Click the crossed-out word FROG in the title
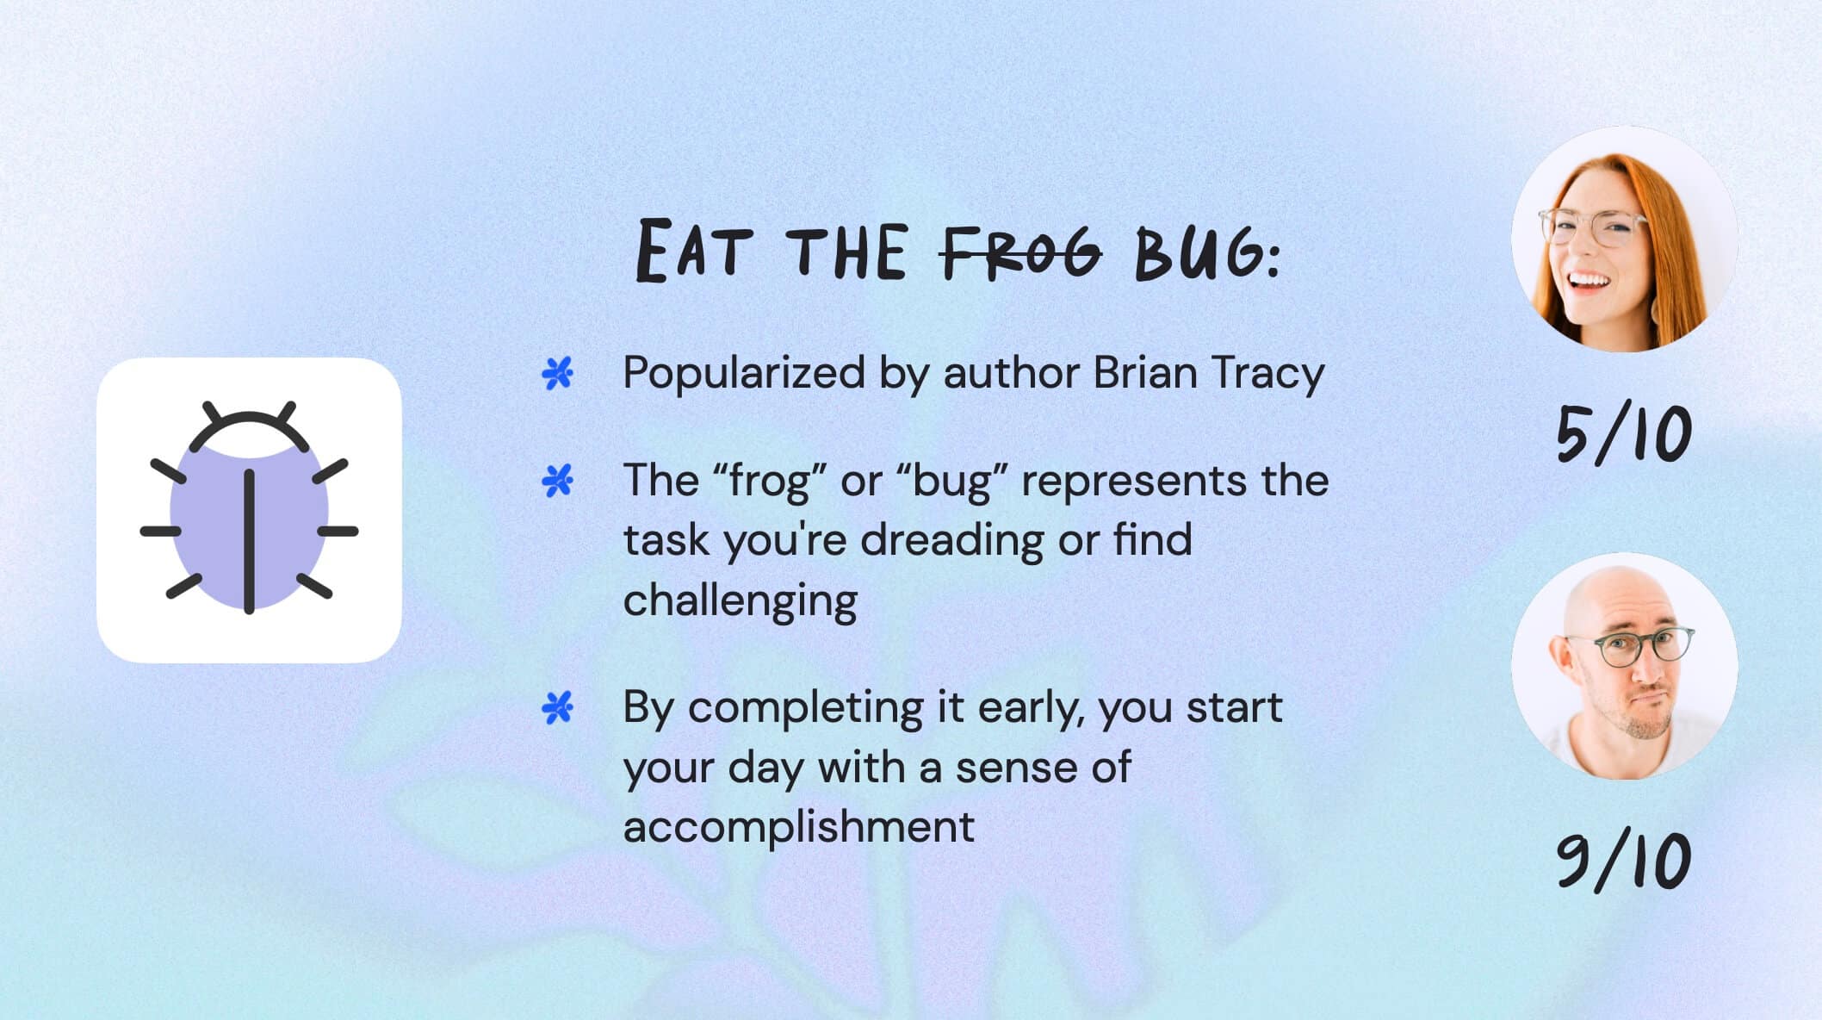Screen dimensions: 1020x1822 coord(1021,252)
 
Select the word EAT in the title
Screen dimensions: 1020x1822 coord(689,252)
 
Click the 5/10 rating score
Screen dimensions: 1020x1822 coord(1623,436)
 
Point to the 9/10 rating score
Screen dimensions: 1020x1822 coord(1623,861)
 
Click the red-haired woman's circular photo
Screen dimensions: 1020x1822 coord(1624,239)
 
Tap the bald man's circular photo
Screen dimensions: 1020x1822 coord(1624,666)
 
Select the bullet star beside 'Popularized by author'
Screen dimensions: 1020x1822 coord(557,374)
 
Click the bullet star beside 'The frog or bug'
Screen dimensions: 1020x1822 coord(557,481)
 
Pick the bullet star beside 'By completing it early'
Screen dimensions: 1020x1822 coord(557,708)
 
